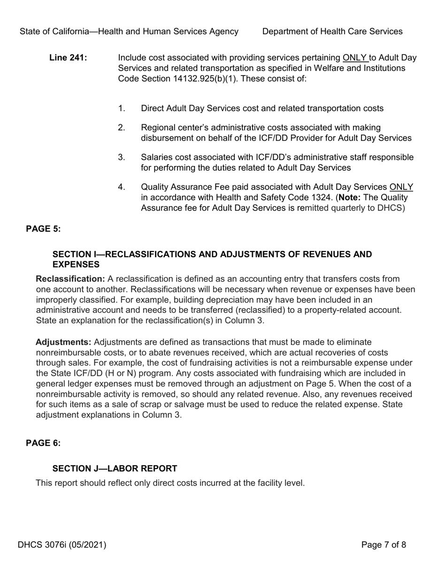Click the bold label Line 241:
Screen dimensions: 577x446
point(68,58)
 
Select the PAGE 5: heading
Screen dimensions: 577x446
point(43,228)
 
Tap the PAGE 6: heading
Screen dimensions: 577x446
point(43,443)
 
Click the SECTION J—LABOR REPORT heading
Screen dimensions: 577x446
point(115,468)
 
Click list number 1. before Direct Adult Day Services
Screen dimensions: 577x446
point(122,108)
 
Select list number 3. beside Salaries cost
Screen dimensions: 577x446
point(122,157)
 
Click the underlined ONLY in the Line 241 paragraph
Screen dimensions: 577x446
point(355,58)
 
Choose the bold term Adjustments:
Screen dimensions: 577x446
point(63,342)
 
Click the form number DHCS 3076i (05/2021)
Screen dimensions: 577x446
point(62,545)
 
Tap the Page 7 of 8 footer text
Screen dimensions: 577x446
point(383,545)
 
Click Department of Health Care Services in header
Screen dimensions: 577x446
point(332,31)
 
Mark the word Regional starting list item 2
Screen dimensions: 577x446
point(158,128)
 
